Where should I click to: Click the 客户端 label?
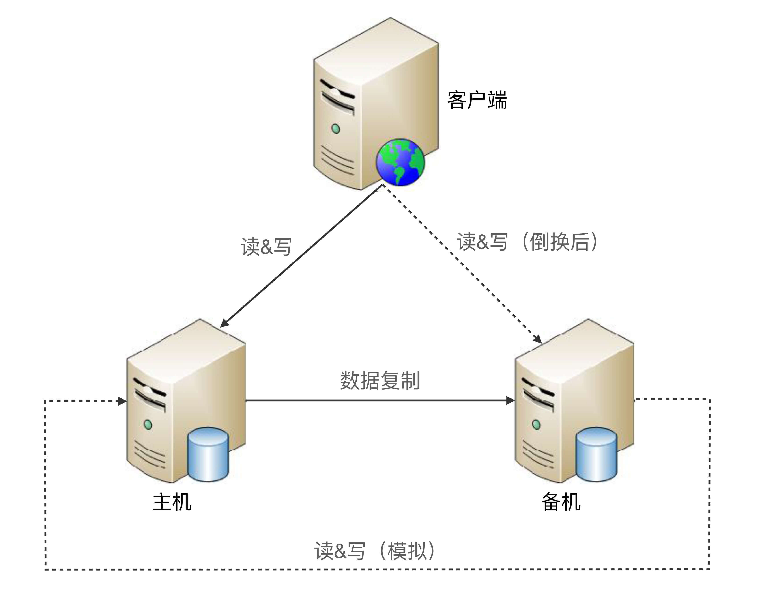tap(477, 100)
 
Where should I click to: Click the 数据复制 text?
tap(380, 380)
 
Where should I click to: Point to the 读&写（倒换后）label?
tap(527, 242)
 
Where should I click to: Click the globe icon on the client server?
tap(400, 162)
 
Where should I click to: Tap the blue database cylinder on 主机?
tap(208, 454)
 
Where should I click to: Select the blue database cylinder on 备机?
tap(596, 454)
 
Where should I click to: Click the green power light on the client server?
tap(335, 129)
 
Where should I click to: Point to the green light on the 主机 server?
tap(148, 425)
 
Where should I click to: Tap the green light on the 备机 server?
tap(536, 425)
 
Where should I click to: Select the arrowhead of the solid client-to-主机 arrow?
tap(224, 323)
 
